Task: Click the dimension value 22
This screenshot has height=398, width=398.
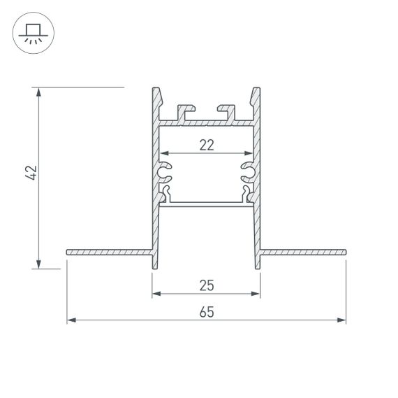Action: click(206, 145)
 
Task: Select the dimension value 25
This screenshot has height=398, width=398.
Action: click(206, 285)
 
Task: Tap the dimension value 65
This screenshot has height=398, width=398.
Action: click(206, 313)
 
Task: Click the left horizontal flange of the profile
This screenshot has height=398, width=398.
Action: click(108, 251)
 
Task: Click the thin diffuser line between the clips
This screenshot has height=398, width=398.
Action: click(206, 204)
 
